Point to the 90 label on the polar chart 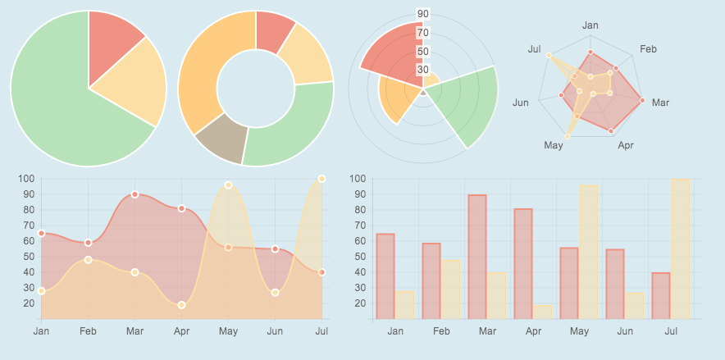click(x=423, y=14)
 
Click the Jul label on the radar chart click(x=534, y=50)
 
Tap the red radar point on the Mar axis click(x=642, y=101)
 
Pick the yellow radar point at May click(x=568, y=136)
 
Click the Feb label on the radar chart click(x=648, y=50)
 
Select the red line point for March click(x=135, y=194)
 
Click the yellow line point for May click(x=228, y=185)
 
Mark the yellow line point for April click(x=181, y=305)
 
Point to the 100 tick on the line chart click(x=25, y=179)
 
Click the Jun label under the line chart click(x=275, y=331)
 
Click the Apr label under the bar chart click(x=533, y=331)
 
